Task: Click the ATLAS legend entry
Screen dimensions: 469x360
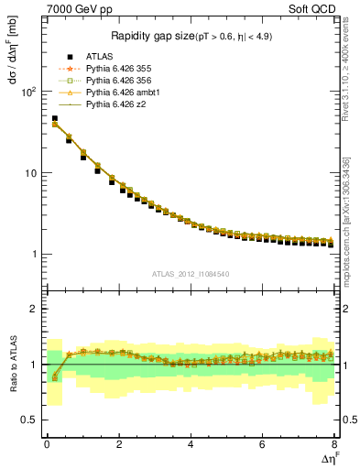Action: coord(99,56)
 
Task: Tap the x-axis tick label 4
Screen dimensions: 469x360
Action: coord(191,444)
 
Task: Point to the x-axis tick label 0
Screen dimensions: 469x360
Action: coord(47,444)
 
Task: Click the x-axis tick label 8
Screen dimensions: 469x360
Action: coord(334,444)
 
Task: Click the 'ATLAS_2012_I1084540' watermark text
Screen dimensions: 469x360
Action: coord(191,274)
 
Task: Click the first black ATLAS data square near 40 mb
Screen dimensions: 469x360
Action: coord(54,118)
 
